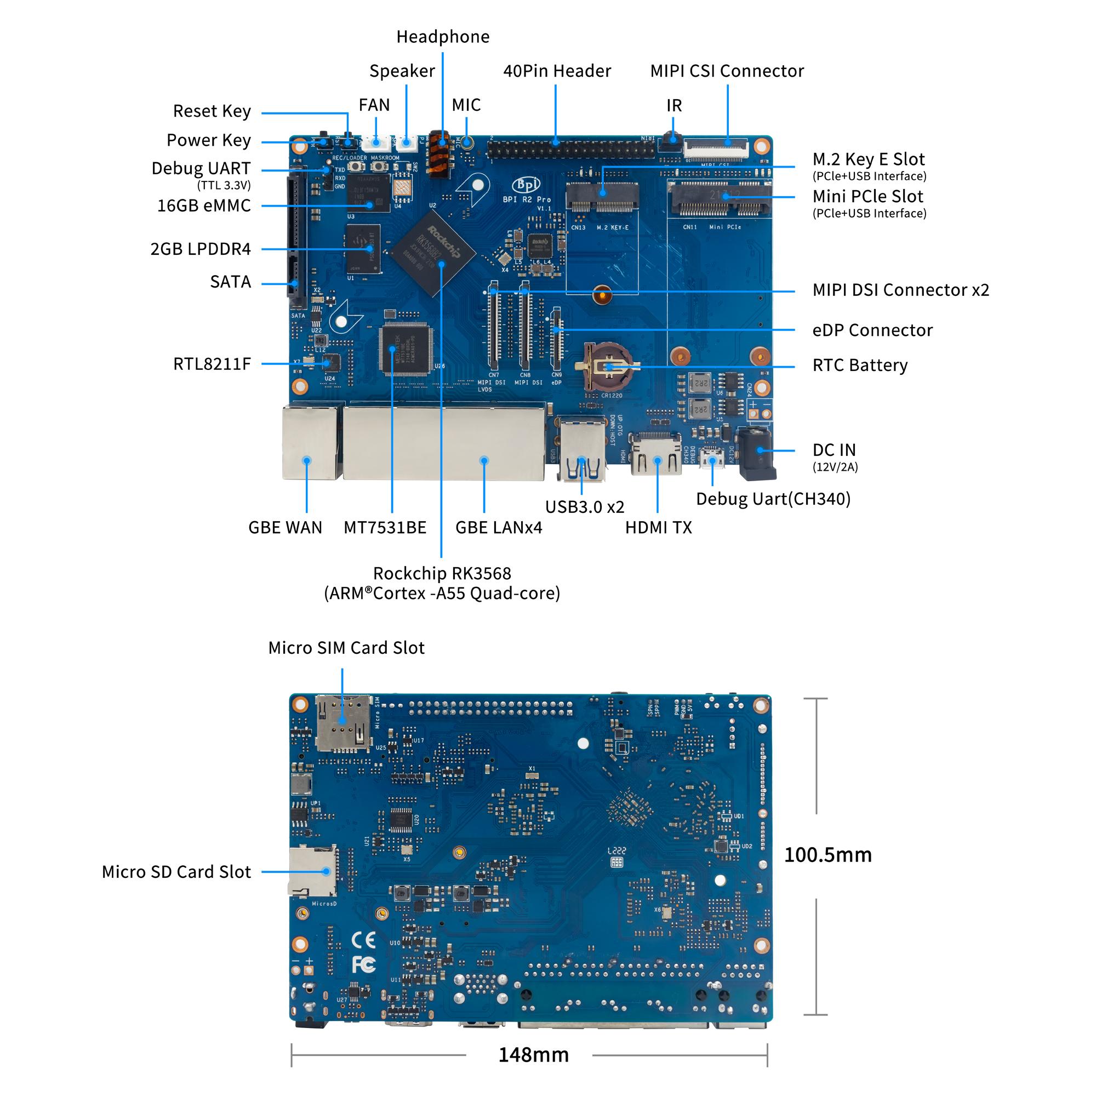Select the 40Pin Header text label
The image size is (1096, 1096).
tap(557, 71)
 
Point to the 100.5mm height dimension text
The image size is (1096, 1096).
tap(827, 854)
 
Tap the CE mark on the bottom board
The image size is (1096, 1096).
tap(364, 940)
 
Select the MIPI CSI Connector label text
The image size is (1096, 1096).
tap(727, 71)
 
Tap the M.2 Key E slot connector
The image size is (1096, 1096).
tap(602, 196)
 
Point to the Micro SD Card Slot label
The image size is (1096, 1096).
tap(176, 871)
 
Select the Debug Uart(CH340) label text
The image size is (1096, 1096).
tap(773, 499)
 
